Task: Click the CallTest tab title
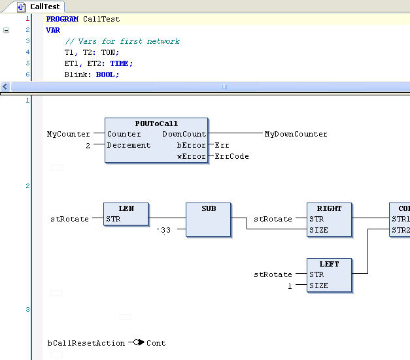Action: click(44, 7)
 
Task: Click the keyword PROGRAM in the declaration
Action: click(62, 19)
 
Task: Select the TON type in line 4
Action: click(109, 52)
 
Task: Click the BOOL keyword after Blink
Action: click(105, 74)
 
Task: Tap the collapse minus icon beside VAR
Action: click(7, 30)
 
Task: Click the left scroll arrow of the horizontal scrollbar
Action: click(5, 86)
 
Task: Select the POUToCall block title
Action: click(156, 123)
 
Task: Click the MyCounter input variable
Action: click(68, 134)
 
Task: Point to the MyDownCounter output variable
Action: click(296, 134)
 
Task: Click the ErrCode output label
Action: click(231, 156)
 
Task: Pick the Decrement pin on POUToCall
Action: click(129, 145)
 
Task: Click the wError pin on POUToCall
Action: click(192, 156)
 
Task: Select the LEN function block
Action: click(126, 214)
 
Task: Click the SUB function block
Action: click(209, 220)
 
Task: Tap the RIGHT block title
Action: click(329, 208)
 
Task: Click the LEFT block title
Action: click(329, 264)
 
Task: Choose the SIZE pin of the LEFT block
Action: click(318, 286)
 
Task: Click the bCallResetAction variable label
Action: click(86, 343)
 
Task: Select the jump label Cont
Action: click(156, 343)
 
